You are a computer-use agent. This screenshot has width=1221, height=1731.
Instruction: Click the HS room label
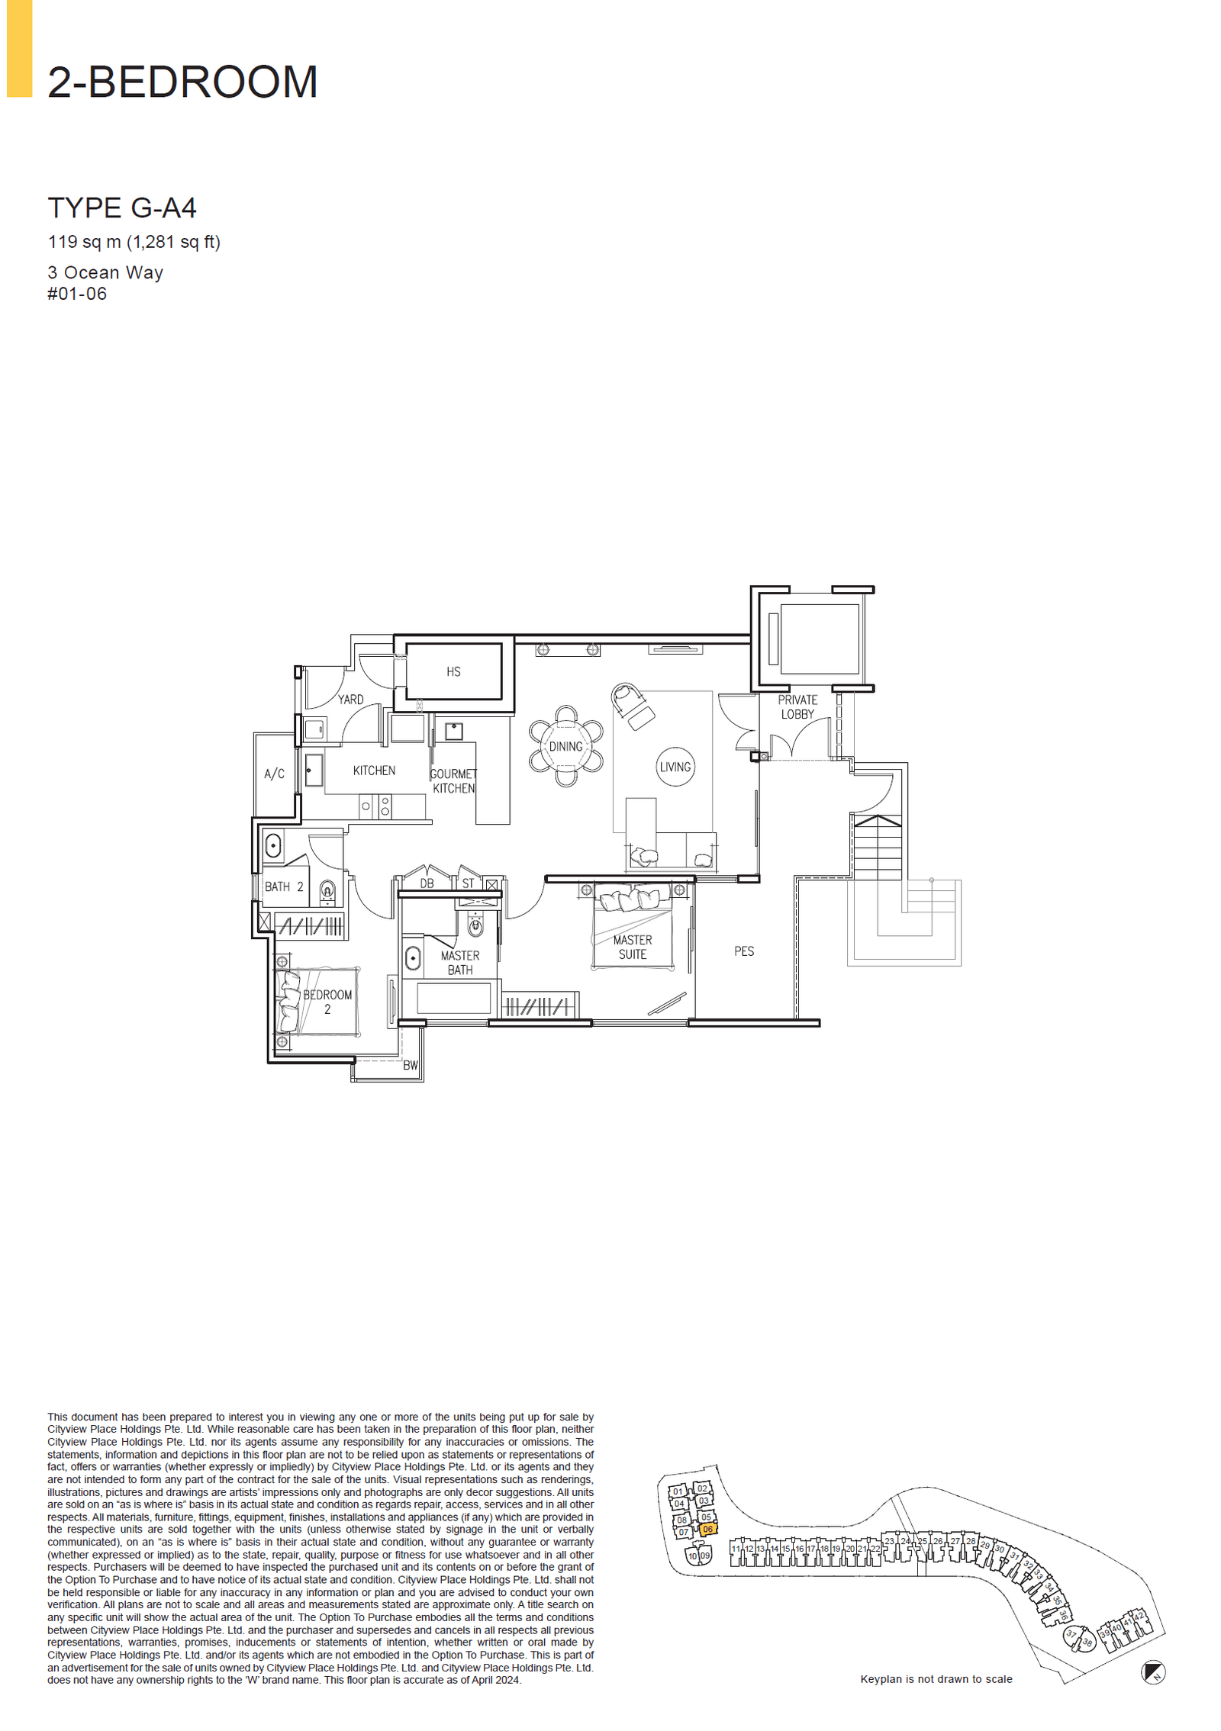453,671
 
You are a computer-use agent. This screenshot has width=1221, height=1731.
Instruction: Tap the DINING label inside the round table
565,746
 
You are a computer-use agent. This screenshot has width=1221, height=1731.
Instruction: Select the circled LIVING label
675,767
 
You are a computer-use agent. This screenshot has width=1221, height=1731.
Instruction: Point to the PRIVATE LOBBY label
797,706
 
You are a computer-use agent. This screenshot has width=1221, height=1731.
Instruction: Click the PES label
744,951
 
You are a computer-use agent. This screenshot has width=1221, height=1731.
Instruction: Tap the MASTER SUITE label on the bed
633,947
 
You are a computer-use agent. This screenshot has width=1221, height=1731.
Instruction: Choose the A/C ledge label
274,774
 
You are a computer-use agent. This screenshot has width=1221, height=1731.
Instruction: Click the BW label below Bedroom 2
411,1066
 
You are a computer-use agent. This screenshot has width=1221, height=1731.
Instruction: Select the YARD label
350,699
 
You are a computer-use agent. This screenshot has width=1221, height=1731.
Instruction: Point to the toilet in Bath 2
327,891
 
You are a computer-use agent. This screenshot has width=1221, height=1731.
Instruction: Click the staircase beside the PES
878,847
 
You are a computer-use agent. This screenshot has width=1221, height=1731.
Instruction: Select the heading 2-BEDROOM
182,82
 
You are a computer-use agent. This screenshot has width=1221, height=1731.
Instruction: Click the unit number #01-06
77,294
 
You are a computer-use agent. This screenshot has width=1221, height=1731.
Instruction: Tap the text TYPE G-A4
122,208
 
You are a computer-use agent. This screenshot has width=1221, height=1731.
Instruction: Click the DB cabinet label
427,883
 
